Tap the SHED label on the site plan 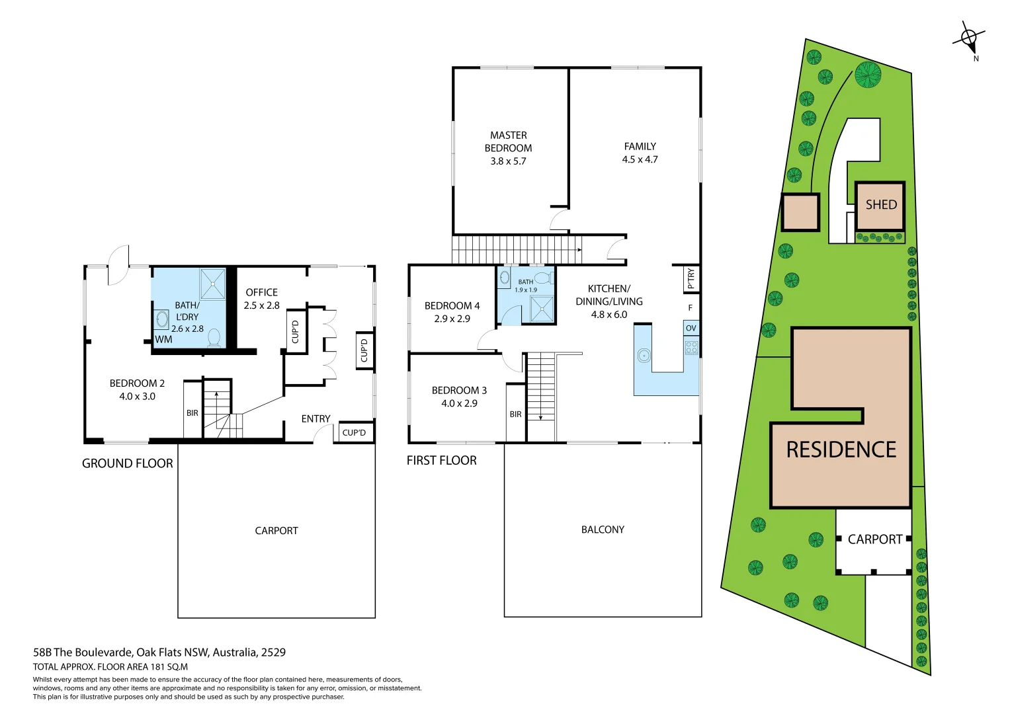click(x=881, y=205)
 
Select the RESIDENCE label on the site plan click(x=841, y=450)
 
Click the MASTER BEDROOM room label click(x=508, y=141)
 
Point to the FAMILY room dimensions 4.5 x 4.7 click(x=640, y=159)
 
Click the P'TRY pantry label click(x=691, y=278)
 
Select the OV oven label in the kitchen click(x=691, y=328)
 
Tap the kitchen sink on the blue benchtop click(x=644, y=356)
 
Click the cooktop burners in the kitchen click(x=691, y=347)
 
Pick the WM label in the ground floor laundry click(x=163, y=340)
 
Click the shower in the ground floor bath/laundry click(x=213, y=284)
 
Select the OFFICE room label click(x=261, y=292)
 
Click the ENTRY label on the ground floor click(x=316, y=419)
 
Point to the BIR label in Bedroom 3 click(x=515, y=415)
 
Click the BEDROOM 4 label click(x=452, y=305)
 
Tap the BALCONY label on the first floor click(x=603, y=530)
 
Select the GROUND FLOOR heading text click(x=127, y=463)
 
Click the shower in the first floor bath click(x=542, y=309)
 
